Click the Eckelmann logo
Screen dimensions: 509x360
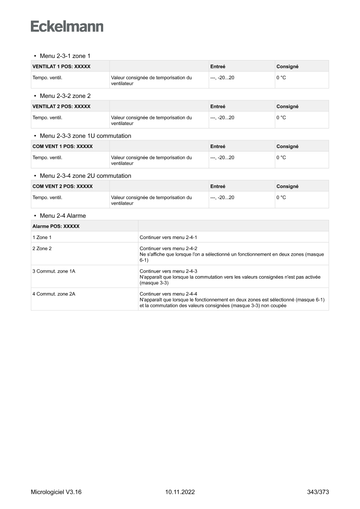point(67,26)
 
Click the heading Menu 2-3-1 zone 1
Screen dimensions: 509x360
point(65,56)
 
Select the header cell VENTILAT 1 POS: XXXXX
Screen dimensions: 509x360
point(61,67)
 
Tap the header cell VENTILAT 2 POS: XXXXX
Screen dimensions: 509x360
point(61,107)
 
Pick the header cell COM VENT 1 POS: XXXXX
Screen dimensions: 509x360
point(63,146)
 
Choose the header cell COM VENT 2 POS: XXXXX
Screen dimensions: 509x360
point(63,186)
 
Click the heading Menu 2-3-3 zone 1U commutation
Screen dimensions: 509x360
point(85,136)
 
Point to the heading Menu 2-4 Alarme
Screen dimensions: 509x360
point(63,216)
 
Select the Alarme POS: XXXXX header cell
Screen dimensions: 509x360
point(56,226)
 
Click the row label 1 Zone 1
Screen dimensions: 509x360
point(42,237)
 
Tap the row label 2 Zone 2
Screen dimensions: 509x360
point(42,249)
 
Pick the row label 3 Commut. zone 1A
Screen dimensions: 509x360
point(54,271)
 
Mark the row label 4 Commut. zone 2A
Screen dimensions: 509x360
point(54,294)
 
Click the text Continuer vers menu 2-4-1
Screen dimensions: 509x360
point(168,237)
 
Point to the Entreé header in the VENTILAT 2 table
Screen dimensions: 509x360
point(218,107)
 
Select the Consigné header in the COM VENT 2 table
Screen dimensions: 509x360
point(287,186)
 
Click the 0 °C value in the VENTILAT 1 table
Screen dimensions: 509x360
point(281,78)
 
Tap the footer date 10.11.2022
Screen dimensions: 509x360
point(180,492)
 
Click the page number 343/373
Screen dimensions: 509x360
point(318,492)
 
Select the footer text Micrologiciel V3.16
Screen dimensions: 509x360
point(56,492)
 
